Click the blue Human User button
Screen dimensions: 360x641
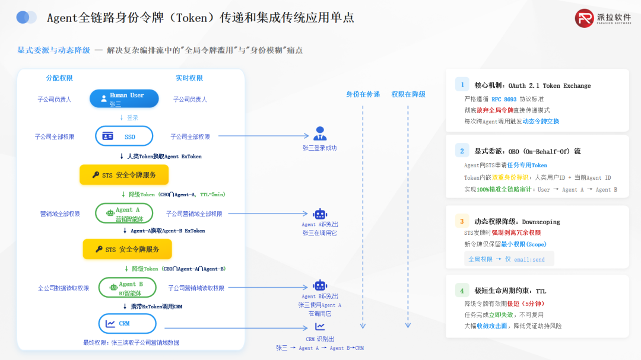point(124,98)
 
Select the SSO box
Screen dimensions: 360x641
point(124,136)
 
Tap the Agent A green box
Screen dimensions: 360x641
point(124,214)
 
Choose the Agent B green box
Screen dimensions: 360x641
point(127,288)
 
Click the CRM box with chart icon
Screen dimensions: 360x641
point(126,323)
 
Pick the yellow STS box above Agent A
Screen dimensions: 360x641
point(124,175)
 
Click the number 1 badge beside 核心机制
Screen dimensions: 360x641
point(462,85)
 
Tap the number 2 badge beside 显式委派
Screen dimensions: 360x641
point(462,151)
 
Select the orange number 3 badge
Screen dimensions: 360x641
point(462,221)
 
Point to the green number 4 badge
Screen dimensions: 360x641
point(462,291)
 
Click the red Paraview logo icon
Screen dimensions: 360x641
point(584,18)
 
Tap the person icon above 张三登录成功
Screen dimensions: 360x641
point(320,133)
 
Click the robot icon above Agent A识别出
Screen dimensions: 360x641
point(320,214)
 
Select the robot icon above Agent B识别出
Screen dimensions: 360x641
point(320,285)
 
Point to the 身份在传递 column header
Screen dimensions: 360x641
point(363,94)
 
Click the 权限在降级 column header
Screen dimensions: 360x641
point(408,94)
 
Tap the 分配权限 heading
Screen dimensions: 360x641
point(59,78)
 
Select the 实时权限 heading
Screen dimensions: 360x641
point(189,78)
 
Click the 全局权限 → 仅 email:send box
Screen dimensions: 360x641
point(508,259)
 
